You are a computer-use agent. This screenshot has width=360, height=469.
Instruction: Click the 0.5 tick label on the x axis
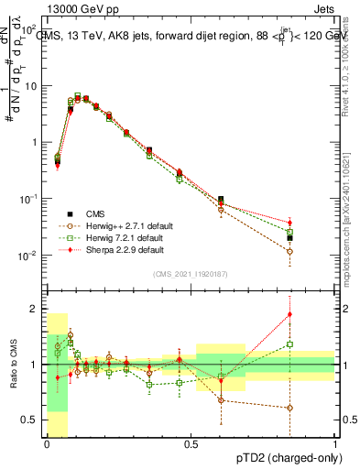(x=191, y=442)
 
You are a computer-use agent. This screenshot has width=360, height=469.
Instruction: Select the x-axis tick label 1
(x=335, y=442)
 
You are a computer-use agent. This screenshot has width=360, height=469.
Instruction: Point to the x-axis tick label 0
(x=47, y=442)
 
